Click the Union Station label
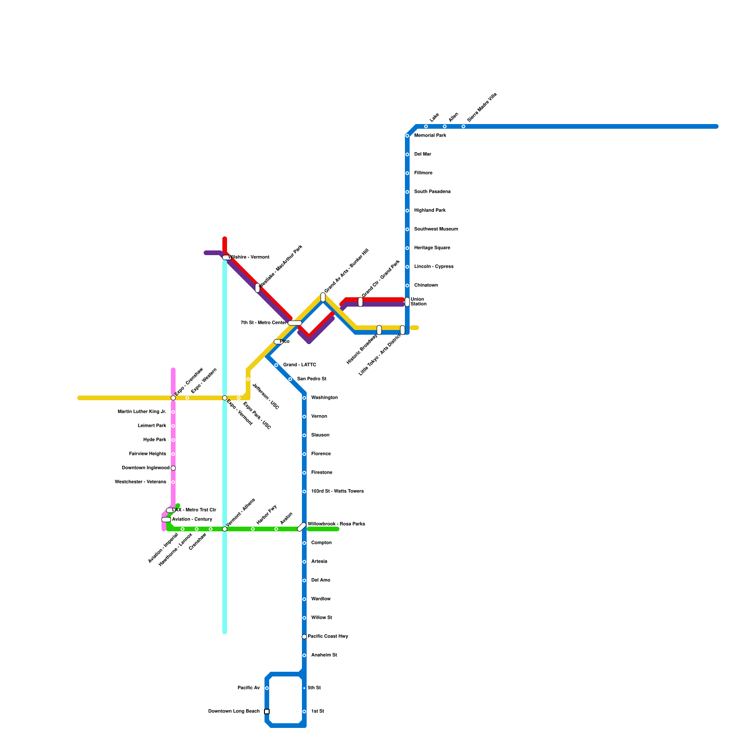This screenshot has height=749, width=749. [x=418, y=302]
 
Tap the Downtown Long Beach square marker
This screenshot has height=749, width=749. [x=267, y=712]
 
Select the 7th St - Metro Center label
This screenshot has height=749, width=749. [x=263, y=323]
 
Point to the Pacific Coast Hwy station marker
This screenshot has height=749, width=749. [x=304, y=637]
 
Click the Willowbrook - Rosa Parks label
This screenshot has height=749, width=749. [x=336, y=524]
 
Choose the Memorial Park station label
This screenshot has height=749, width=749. [x=430, y=136]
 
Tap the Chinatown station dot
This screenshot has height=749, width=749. [x=407, y=286]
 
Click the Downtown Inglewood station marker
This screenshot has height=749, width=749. [x=173, y=468]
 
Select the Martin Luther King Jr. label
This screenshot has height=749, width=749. [x=142, y=412]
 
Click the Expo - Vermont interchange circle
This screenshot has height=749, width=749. [x=225, y=398]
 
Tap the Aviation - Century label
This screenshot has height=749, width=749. [x=192, y=520]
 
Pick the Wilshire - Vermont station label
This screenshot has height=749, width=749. [x=249, y=257]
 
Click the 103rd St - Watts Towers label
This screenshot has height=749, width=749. [x=337, y=492]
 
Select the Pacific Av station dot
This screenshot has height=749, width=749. [x=267, y=688]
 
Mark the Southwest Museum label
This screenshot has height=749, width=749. [x=436, y=229]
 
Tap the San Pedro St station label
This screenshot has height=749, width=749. [x=311, y=379]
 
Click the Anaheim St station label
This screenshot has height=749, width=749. [x=323, y=655]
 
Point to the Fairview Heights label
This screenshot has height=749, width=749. [x=147, y=454]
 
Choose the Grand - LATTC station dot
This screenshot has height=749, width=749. [x=276, y=365]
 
